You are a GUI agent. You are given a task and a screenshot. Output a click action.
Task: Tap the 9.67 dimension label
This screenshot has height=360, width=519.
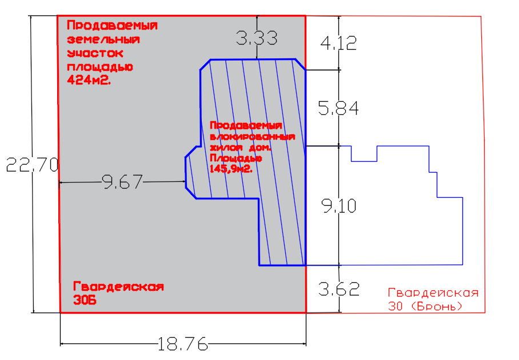[x=122, y=182]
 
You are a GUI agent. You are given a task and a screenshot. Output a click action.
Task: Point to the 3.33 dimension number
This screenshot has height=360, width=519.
[x=257, y=39]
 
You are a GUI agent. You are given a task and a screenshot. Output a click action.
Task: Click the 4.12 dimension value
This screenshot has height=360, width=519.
[x=339, y=43]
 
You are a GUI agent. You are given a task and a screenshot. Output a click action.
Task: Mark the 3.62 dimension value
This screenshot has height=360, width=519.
[x=340, y=289]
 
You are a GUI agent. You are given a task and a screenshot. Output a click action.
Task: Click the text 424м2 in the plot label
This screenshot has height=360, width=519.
[x=89, y=81]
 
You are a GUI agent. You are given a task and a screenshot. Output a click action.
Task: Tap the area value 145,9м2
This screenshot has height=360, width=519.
[x=231, y=169]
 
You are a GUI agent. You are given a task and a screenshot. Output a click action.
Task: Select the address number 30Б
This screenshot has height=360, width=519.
[x=83, y=299]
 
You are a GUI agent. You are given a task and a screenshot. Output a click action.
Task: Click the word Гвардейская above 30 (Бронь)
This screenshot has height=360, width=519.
[x=433, y=293]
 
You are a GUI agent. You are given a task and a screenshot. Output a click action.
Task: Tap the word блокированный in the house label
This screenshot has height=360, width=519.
[x=252, y=137]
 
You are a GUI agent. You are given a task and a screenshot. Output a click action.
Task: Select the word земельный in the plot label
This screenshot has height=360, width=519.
[x=103, y=40]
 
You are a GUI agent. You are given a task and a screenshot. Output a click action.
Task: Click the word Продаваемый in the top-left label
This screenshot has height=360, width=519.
[x=112, y=26]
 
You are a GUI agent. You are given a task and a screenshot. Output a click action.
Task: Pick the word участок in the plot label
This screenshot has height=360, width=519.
[x=95, y=54]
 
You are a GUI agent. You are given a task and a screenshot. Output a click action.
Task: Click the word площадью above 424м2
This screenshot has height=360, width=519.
[x=100, y=67]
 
